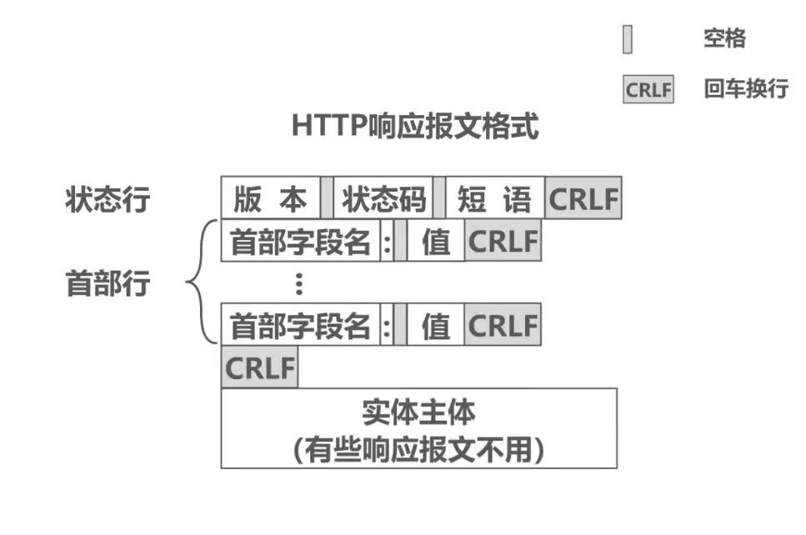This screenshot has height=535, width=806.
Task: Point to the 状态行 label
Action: coord(108,201)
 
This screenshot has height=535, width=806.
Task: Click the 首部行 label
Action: coord(108,283)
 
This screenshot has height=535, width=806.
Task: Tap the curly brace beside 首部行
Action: coord(200,283)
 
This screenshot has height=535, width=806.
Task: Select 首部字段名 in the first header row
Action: coord(300,242)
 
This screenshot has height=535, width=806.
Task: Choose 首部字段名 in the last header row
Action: coord(300,325)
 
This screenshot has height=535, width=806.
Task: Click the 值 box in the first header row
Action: coord(435,242)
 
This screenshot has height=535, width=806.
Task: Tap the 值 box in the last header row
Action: coord(435,325)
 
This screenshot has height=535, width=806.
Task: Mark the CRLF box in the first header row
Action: coord(503,242)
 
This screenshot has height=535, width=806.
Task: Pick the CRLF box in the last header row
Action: coord(503,325)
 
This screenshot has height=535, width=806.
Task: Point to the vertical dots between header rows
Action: coord(299,284)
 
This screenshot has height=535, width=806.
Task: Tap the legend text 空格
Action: coord(723,38)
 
